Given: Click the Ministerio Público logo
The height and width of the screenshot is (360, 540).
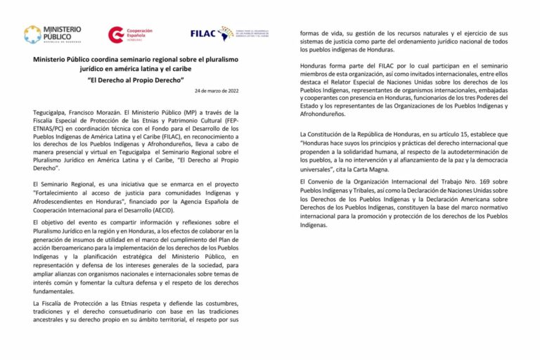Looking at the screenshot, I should coord(53,34).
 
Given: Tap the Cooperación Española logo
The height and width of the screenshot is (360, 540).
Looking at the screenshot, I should coord(130,34).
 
